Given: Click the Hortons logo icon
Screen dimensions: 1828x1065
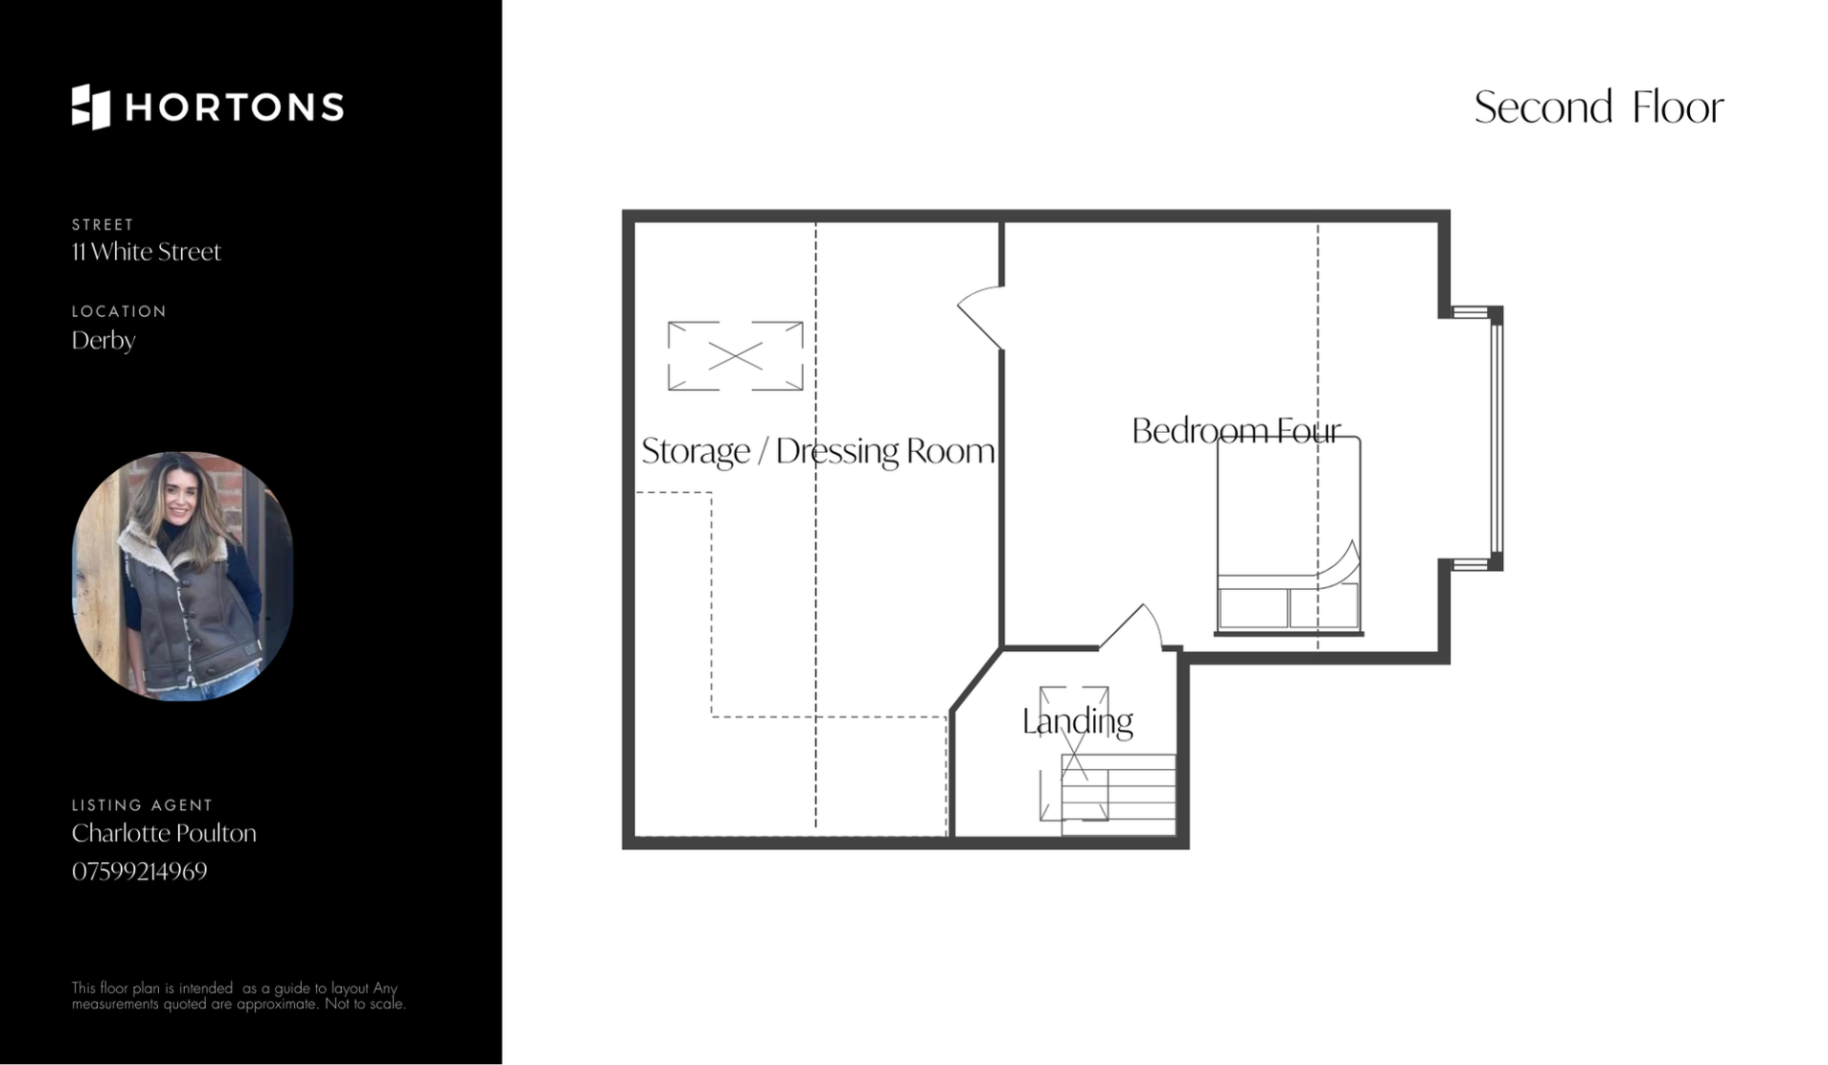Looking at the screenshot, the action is (x=90, y=107).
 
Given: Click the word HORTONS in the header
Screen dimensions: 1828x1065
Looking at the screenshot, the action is (x=234, y=108).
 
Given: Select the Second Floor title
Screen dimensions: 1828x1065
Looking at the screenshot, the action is (x=1599, y=107).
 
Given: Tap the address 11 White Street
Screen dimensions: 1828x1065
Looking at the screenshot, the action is (x=146, y=251).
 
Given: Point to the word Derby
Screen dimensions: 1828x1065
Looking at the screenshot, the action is (x=103, y=341).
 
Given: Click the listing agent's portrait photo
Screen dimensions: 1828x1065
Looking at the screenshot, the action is (x=182, y=576).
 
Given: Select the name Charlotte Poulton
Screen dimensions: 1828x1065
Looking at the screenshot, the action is (x=164, y=833).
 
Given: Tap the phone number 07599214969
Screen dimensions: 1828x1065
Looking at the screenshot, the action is (x=139, y=871).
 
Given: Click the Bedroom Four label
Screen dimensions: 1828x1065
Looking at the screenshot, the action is (x=1236, y=431).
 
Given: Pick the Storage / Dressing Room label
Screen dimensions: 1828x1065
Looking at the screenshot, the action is (x=818, y=451).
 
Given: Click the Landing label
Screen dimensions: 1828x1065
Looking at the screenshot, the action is (x=1077, y=721).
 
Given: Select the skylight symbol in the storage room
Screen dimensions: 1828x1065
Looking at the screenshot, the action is (x=735, y=356).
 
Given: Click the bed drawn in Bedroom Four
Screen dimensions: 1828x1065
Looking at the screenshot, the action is (x=1288, y=536).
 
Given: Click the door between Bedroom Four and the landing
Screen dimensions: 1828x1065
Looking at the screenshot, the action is (x=1131, y=627).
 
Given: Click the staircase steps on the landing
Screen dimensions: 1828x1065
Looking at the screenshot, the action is (x=1118, y=795).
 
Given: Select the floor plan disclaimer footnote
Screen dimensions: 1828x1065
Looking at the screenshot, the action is (x=238, y=996).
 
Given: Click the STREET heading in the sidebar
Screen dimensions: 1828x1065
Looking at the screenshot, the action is (x=103, y=225).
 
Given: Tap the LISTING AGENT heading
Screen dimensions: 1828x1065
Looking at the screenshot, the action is (x=142, y=805).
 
